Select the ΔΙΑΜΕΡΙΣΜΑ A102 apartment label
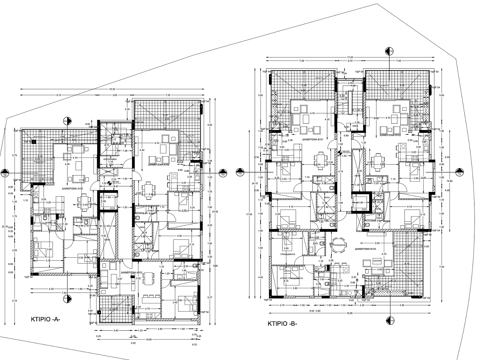point(159,165)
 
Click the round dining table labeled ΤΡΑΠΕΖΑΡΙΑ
point(337,247)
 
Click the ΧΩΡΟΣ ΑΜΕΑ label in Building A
point(110,160)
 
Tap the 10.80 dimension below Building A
point(149,339)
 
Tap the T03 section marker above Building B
point(390,51)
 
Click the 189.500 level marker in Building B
point(344,151)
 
